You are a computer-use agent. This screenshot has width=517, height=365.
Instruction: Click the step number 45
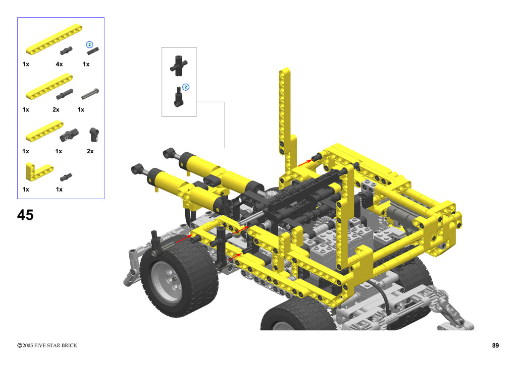point(25,215)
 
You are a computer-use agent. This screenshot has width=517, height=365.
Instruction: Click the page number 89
point(495,345)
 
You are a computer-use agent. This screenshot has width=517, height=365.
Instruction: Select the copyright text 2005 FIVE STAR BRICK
point(49,345)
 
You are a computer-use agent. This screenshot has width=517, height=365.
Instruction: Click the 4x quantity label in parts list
point(60,64)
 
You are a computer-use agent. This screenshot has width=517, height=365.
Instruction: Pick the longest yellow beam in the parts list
point(54,39)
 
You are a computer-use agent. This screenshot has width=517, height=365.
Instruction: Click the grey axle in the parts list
point(90,93)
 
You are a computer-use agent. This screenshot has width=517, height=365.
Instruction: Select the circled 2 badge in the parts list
point(89,44)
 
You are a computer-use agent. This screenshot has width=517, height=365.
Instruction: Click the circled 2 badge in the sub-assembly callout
point(186,87)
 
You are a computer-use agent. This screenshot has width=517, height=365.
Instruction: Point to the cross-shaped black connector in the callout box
point(179,66)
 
